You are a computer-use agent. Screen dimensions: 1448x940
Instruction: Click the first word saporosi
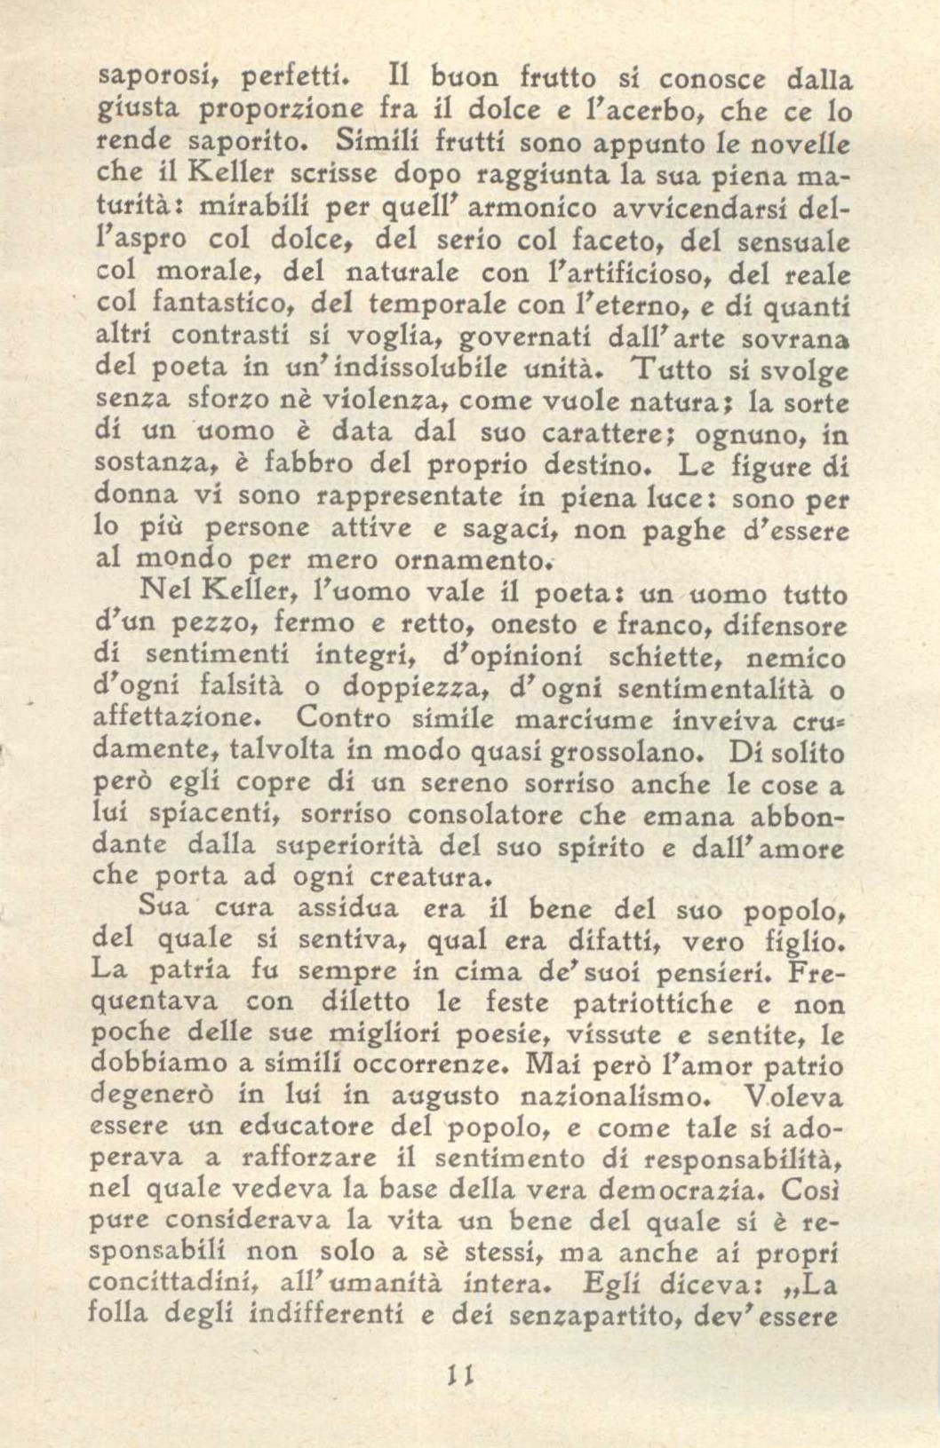(x=145, y=79)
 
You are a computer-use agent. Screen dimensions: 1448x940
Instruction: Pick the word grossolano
(x=625, y=753)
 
